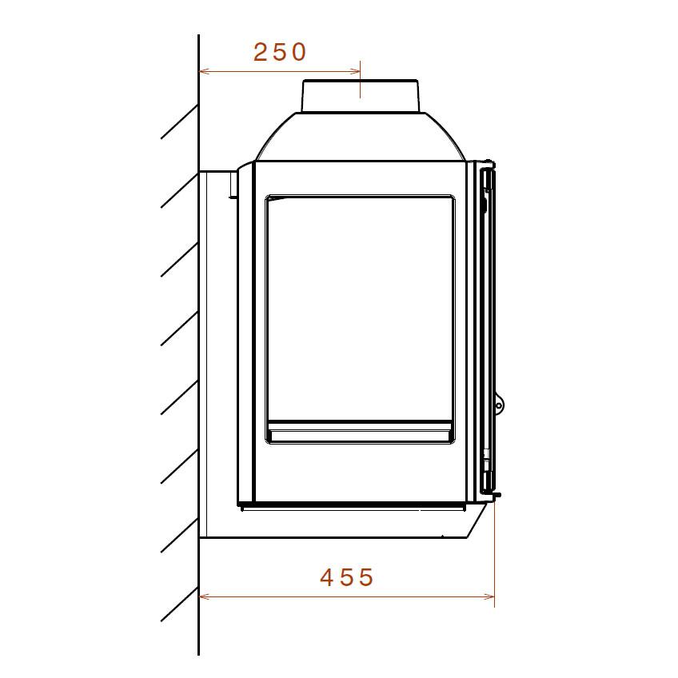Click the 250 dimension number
(x=279, y=52)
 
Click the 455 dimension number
(x=347, y=577)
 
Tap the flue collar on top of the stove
(x=360, y=96)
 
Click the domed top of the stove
(x=361, y=137)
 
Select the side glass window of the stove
(x=360, y=319)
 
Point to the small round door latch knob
(x=499, y=405)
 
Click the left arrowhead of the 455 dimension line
(x=204, y=597)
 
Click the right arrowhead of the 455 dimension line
(x=489, y=597)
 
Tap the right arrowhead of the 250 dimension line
(x=355, y=71)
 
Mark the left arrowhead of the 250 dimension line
(x=204, y=71)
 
